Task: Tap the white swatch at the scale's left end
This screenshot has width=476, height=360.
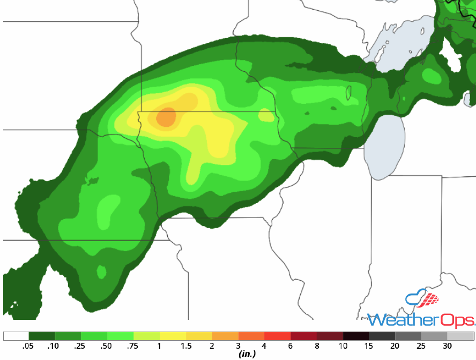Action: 16,336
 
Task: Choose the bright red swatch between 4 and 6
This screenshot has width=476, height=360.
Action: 278,336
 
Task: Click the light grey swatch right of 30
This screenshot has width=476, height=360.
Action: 460,336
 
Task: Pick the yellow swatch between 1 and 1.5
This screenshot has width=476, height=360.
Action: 173,336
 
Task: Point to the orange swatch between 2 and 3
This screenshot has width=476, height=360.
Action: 225,336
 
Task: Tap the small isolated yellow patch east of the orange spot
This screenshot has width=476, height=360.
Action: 265,115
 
